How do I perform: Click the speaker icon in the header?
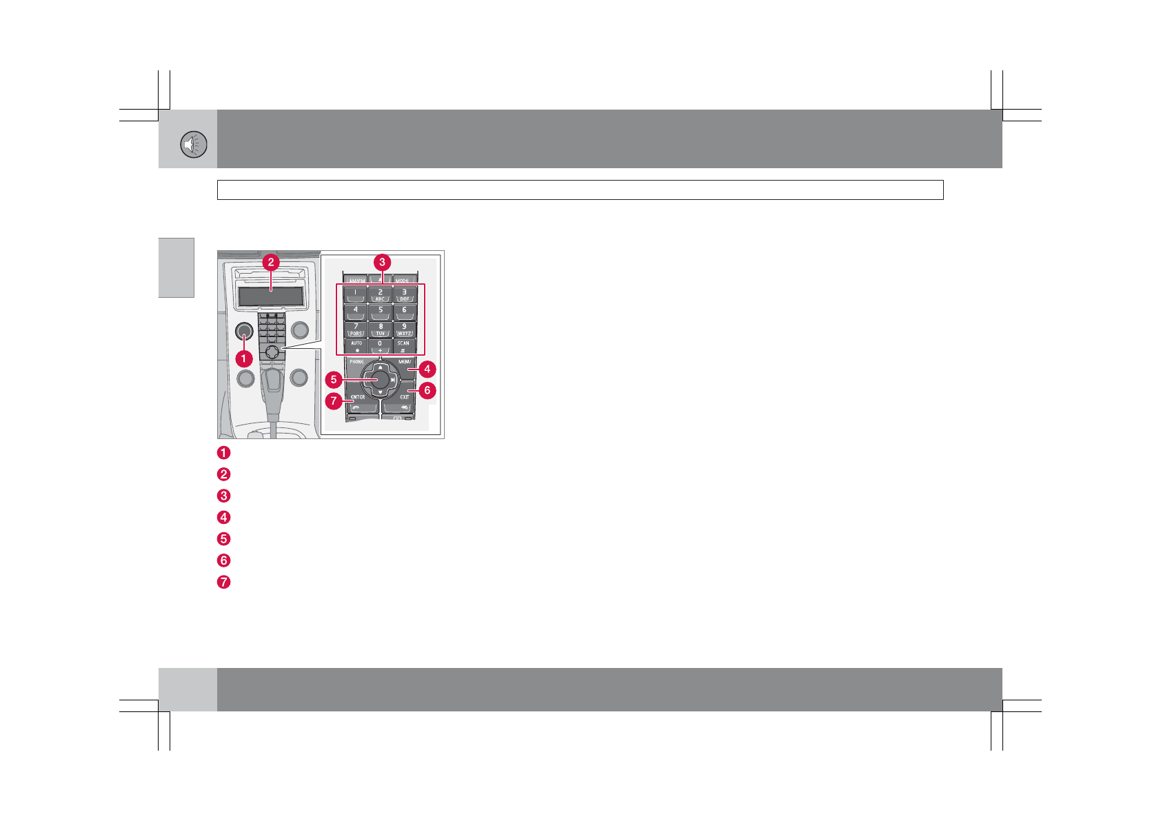click(x=194, y=145)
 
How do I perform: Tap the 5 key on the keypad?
click(x=380, y=312)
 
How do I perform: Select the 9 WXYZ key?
click(x=404, y=330)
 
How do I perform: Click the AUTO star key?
click(x=356, y=346)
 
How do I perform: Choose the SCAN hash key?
click(x=403, y=346)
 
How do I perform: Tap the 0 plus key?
click(x=380, y=346)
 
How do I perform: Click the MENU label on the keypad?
click(x=404, y=362)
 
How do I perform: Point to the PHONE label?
click(x=356, y=362)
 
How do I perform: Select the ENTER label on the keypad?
click(x=358, y=397)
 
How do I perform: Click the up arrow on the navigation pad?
click(x=380, y=367)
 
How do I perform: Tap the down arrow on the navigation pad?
click(x=380, y=392)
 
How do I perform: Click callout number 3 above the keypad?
click(x=382, y=262)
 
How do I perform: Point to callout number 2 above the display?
click(x=271, y=262)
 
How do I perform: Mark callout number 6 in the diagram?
click(x=427, y=390)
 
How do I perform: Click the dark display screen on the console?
click(x=271, y=297)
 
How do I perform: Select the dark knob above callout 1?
click(x=244, y=331)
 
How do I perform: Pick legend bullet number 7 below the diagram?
click(x=223, y=582)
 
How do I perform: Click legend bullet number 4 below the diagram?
click(x=223, y=517)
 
